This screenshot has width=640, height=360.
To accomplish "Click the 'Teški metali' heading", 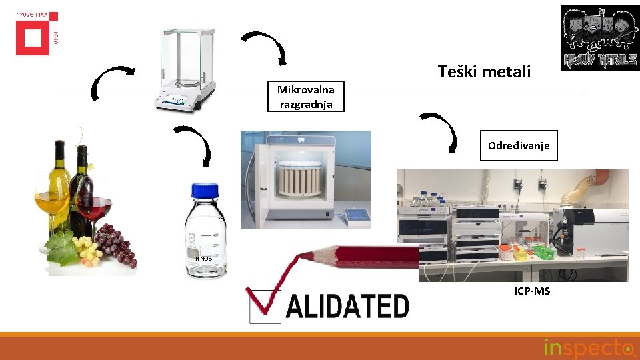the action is tap(484, 71).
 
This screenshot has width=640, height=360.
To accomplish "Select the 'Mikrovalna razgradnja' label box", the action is tap(307, 97).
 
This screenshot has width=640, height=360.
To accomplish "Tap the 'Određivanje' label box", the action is tap(519, 145).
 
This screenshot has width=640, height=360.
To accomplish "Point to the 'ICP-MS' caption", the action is tap(532, 291).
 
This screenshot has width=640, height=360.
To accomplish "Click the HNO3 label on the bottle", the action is tap(202, 258).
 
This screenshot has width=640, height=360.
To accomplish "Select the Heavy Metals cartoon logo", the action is tap(600, 37).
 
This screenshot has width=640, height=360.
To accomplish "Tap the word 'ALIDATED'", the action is tap(347, 307).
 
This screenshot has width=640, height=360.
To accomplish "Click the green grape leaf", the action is tap(63, 247).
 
